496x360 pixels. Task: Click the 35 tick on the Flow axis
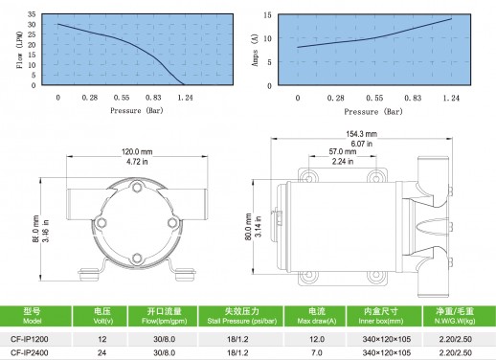(x=32, y=14)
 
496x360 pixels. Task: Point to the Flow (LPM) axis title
(x=19, y=50)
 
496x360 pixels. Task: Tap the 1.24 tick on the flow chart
(x=185, y=98)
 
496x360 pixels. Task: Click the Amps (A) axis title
(x=255, y=50)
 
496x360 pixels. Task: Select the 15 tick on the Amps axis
(x=267, y=15)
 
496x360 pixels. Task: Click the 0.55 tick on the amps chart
(x=374, y=98)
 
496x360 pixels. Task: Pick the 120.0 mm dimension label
(x=137, y=151)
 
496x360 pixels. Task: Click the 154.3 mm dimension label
(x=361, y=134)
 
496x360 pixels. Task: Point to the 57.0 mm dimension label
(x=343, y=151)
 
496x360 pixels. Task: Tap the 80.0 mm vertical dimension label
(x=249, y=227)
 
